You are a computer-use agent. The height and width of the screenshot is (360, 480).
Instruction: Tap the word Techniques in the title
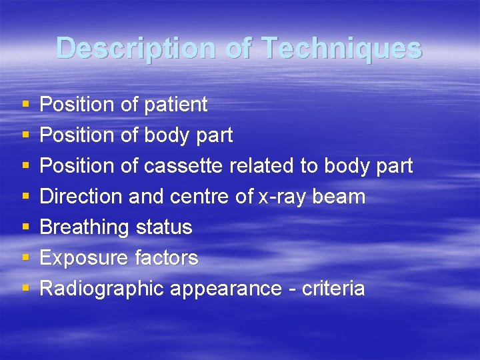click(341, 49)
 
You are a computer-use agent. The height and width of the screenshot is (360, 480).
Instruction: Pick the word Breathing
click(85, 228)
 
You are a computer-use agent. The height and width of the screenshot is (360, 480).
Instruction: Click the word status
click(163, 227)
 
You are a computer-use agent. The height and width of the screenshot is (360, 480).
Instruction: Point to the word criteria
click(333, 289)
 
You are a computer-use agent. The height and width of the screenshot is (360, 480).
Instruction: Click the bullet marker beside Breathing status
click(25, 228)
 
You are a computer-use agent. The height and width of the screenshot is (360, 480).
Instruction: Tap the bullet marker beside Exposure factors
click(25, 259)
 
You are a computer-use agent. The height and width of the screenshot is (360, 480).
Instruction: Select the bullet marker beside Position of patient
click(25, 105)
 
